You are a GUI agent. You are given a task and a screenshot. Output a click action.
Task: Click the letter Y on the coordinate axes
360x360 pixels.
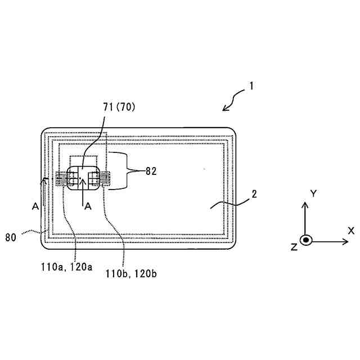(x=313, y=193)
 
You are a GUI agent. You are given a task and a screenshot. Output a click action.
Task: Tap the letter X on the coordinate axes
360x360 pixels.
(x=350, y=231)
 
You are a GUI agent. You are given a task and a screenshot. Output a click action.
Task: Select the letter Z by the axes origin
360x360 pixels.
(x=294, y=247)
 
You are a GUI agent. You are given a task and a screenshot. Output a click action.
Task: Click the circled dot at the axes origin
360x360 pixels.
(x=305, y=240)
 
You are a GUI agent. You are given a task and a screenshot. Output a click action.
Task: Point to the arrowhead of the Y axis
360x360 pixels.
(x=305, y=204)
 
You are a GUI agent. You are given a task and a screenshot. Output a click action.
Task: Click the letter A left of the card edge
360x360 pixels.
(x=35, y=206)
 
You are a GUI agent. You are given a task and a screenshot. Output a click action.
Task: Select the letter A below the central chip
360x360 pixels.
(x=88, y=206)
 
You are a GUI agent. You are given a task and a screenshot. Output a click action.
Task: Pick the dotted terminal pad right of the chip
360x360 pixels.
(x=106, y=179)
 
